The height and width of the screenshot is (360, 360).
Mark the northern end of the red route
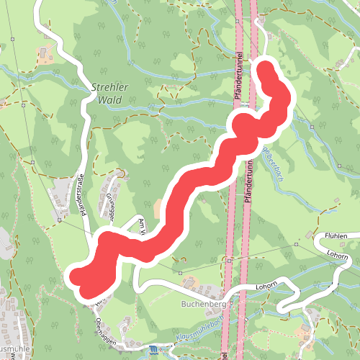(x=266, y=70)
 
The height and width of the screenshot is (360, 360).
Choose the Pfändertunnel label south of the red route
(x=246, y=176)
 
